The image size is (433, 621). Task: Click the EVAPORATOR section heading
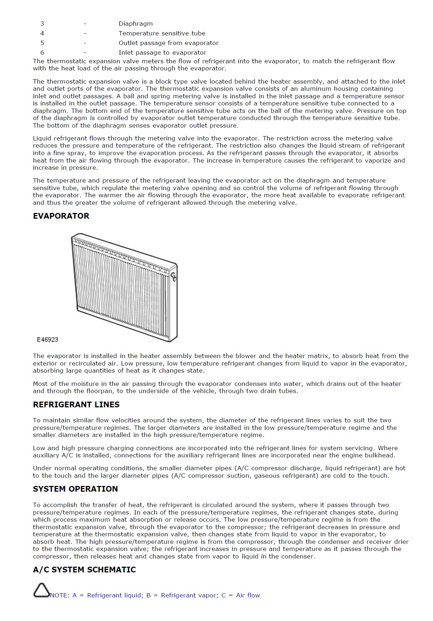tap(61, 216)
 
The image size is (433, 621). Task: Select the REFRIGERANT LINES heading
tap(76, 404)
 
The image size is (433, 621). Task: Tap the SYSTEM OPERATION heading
tap(75, 489)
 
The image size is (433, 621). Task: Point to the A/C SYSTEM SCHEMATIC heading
tap(84, 570)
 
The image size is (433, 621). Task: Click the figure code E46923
tap(48, 339)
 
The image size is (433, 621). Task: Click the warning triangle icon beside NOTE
tap(41, 590)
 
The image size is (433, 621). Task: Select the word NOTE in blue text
tap(59, 595)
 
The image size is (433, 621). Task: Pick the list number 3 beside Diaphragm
tap(42, 24)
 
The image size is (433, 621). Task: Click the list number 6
tap(42, 53)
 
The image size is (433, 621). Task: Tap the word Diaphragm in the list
tap(136, 24)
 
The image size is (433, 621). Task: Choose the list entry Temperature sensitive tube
tap(162, 33)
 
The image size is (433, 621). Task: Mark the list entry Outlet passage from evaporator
tap(168, 43)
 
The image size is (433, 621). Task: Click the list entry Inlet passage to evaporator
tap(162, 53)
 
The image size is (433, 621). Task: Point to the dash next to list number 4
tap(85, 33)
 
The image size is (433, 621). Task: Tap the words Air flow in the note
tap(248, 595)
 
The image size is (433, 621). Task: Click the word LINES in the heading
tap(107, 404)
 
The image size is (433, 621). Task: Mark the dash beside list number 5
tap(85, 43)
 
